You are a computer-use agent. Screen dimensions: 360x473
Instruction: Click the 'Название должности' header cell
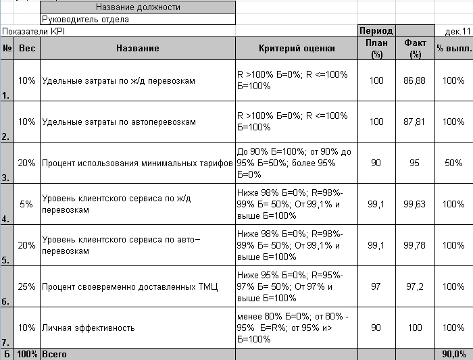[138, 7]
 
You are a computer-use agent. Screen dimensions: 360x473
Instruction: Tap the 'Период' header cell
[376, 31]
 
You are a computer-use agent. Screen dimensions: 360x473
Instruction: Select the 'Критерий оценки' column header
[296, 49]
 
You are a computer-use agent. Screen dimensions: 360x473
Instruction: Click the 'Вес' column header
[27, 49]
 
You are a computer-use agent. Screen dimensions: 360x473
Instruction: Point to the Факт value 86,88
[414, 81]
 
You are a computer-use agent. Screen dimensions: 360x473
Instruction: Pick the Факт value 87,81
[414, 122]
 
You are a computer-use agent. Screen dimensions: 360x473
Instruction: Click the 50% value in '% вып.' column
[453, 163]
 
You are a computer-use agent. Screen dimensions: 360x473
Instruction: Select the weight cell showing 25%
[27, 287]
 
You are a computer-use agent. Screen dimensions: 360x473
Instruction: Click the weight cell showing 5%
[27, 204]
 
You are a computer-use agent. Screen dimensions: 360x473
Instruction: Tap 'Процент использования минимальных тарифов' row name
[137, 163]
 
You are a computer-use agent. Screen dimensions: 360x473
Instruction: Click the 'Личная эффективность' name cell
[88, 328]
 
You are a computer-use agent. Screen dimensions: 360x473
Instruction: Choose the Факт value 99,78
[414, 246]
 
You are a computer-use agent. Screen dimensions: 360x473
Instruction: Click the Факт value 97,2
[414, 287]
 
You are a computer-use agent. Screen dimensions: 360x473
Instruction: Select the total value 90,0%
[453, 354]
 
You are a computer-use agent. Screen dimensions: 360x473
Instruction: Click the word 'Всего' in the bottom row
[54, 354]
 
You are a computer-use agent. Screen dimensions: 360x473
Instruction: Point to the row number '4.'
[6, 220]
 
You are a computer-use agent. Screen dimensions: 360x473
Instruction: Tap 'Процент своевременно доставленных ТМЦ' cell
[130, 287]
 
